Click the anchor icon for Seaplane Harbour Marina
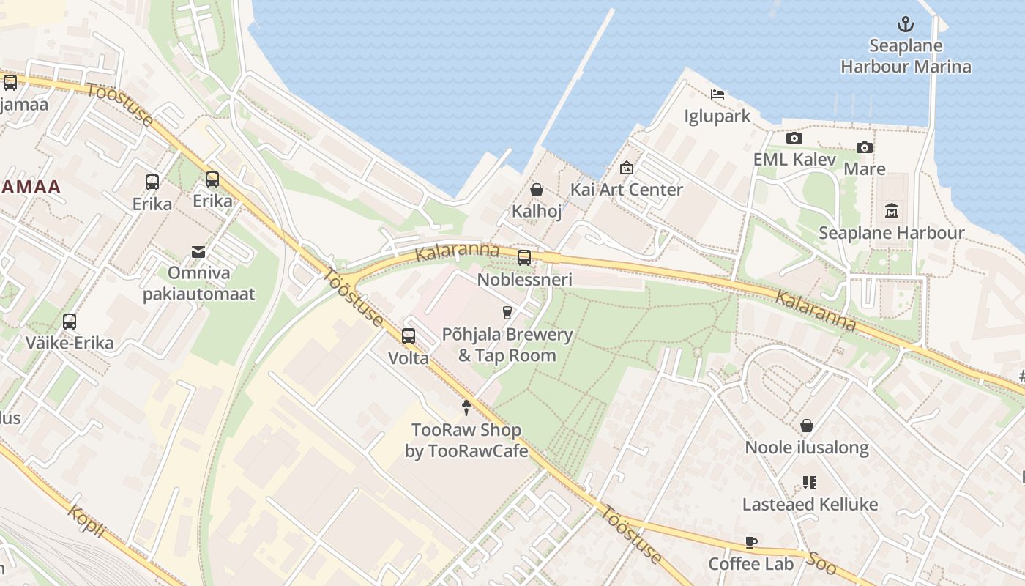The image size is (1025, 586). point(906,25)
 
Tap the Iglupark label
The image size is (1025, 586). point(717,116)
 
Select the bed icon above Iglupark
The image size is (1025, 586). point(717,94)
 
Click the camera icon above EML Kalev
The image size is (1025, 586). point(794,138)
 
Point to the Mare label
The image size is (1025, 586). point(865,169)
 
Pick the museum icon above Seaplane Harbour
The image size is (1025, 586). point(891,212)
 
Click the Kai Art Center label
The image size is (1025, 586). point(626,190)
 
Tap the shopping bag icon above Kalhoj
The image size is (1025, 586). point(537,190)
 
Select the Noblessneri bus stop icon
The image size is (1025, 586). point(524,258)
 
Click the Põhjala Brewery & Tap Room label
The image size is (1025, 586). point(507,345)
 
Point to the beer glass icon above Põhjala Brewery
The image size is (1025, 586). point(507,313)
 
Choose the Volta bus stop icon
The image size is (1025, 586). point(409,336)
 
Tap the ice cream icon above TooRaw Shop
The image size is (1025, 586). point(466,408)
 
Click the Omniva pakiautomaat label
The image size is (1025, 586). point(198,283)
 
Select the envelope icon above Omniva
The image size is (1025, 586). point(198,252)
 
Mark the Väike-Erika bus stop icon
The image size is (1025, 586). point(70,321)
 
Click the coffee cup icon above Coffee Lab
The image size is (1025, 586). point(750,543)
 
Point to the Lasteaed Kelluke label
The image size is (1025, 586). point(810,505)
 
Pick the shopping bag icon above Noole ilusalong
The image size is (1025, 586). point(807,426)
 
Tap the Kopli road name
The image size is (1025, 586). point(86,522)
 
